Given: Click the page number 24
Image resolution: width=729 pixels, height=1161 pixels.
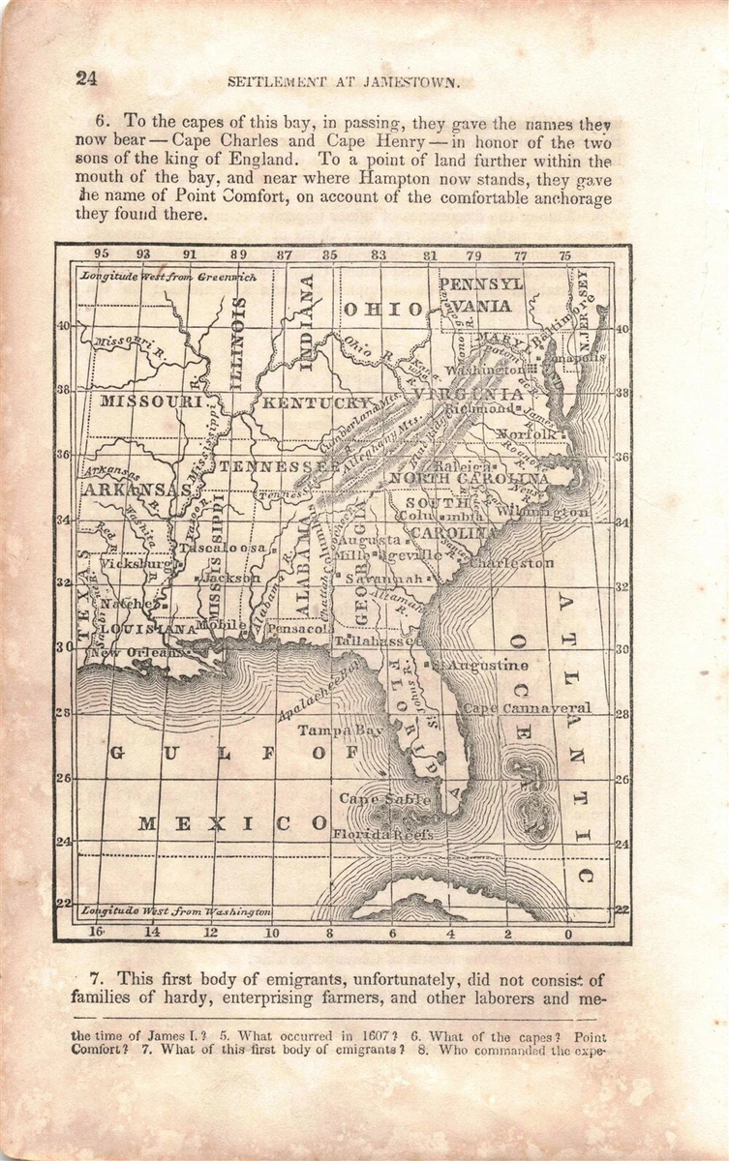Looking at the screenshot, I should (86, 79).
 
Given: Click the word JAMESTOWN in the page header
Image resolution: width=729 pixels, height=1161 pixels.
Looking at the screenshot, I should (410, 82).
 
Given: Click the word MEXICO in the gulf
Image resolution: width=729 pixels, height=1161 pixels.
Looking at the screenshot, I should (230, 823).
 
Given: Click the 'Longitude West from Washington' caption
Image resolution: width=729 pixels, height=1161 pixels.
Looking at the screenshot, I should (175, 911).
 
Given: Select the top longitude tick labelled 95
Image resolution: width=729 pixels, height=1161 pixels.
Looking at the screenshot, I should (101, 255).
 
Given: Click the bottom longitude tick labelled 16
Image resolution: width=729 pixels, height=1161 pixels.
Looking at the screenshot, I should (96, 933).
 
